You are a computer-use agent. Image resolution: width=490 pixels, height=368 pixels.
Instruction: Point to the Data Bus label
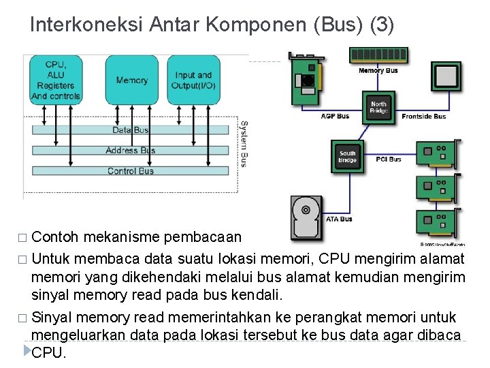(x=131, y=130)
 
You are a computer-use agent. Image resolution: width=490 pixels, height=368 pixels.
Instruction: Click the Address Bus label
(x=131, y=151)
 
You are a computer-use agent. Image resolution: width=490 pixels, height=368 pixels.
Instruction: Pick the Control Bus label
(x=131, y=171)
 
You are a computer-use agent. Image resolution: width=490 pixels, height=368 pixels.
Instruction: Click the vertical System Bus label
(x=243, y=144)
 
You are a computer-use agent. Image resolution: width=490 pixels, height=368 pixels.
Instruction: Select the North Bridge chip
(x=378, y=108)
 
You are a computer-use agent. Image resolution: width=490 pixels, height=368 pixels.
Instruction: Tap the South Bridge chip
(x=348, y=157)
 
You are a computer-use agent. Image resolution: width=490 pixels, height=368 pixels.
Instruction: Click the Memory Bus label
(x=378, y=70)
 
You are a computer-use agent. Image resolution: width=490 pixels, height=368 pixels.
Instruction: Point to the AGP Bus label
(x=335, y=116)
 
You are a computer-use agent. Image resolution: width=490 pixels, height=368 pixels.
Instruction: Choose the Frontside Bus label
(x=424, y=116)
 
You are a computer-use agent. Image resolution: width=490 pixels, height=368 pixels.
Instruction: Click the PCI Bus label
(x=389, y=159)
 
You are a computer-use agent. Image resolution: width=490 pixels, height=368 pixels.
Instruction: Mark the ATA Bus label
(x=339, y=219)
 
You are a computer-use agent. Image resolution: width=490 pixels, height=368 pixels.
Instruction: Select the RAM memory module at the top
(x=378, y=55)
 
